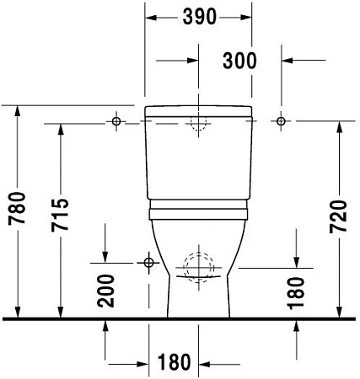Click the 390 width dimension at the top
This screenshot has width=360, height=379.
(x=200, y=17)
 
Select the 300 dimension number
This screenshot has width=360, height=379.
(x=239, y=61)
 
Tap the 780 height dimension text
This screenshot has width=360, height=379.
(x=17, y=208)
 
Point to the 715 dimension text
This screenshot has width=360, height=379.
(x=60, y=215)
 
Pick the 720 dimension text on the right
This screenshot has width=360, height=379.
(x=338, y=216)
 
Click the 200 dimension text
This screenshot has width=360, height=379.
(x=106, y=291)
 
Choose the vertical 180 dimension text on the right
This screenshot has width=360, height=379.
(x=296, y=293)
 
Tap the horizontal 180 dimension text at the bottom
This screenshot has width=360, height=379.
(x=175, y=362)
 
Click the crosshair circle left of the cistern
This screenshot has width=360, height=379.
(x=116, y=121)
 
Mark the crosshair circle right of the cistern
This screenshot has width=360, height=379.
(x=281, y=121)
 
